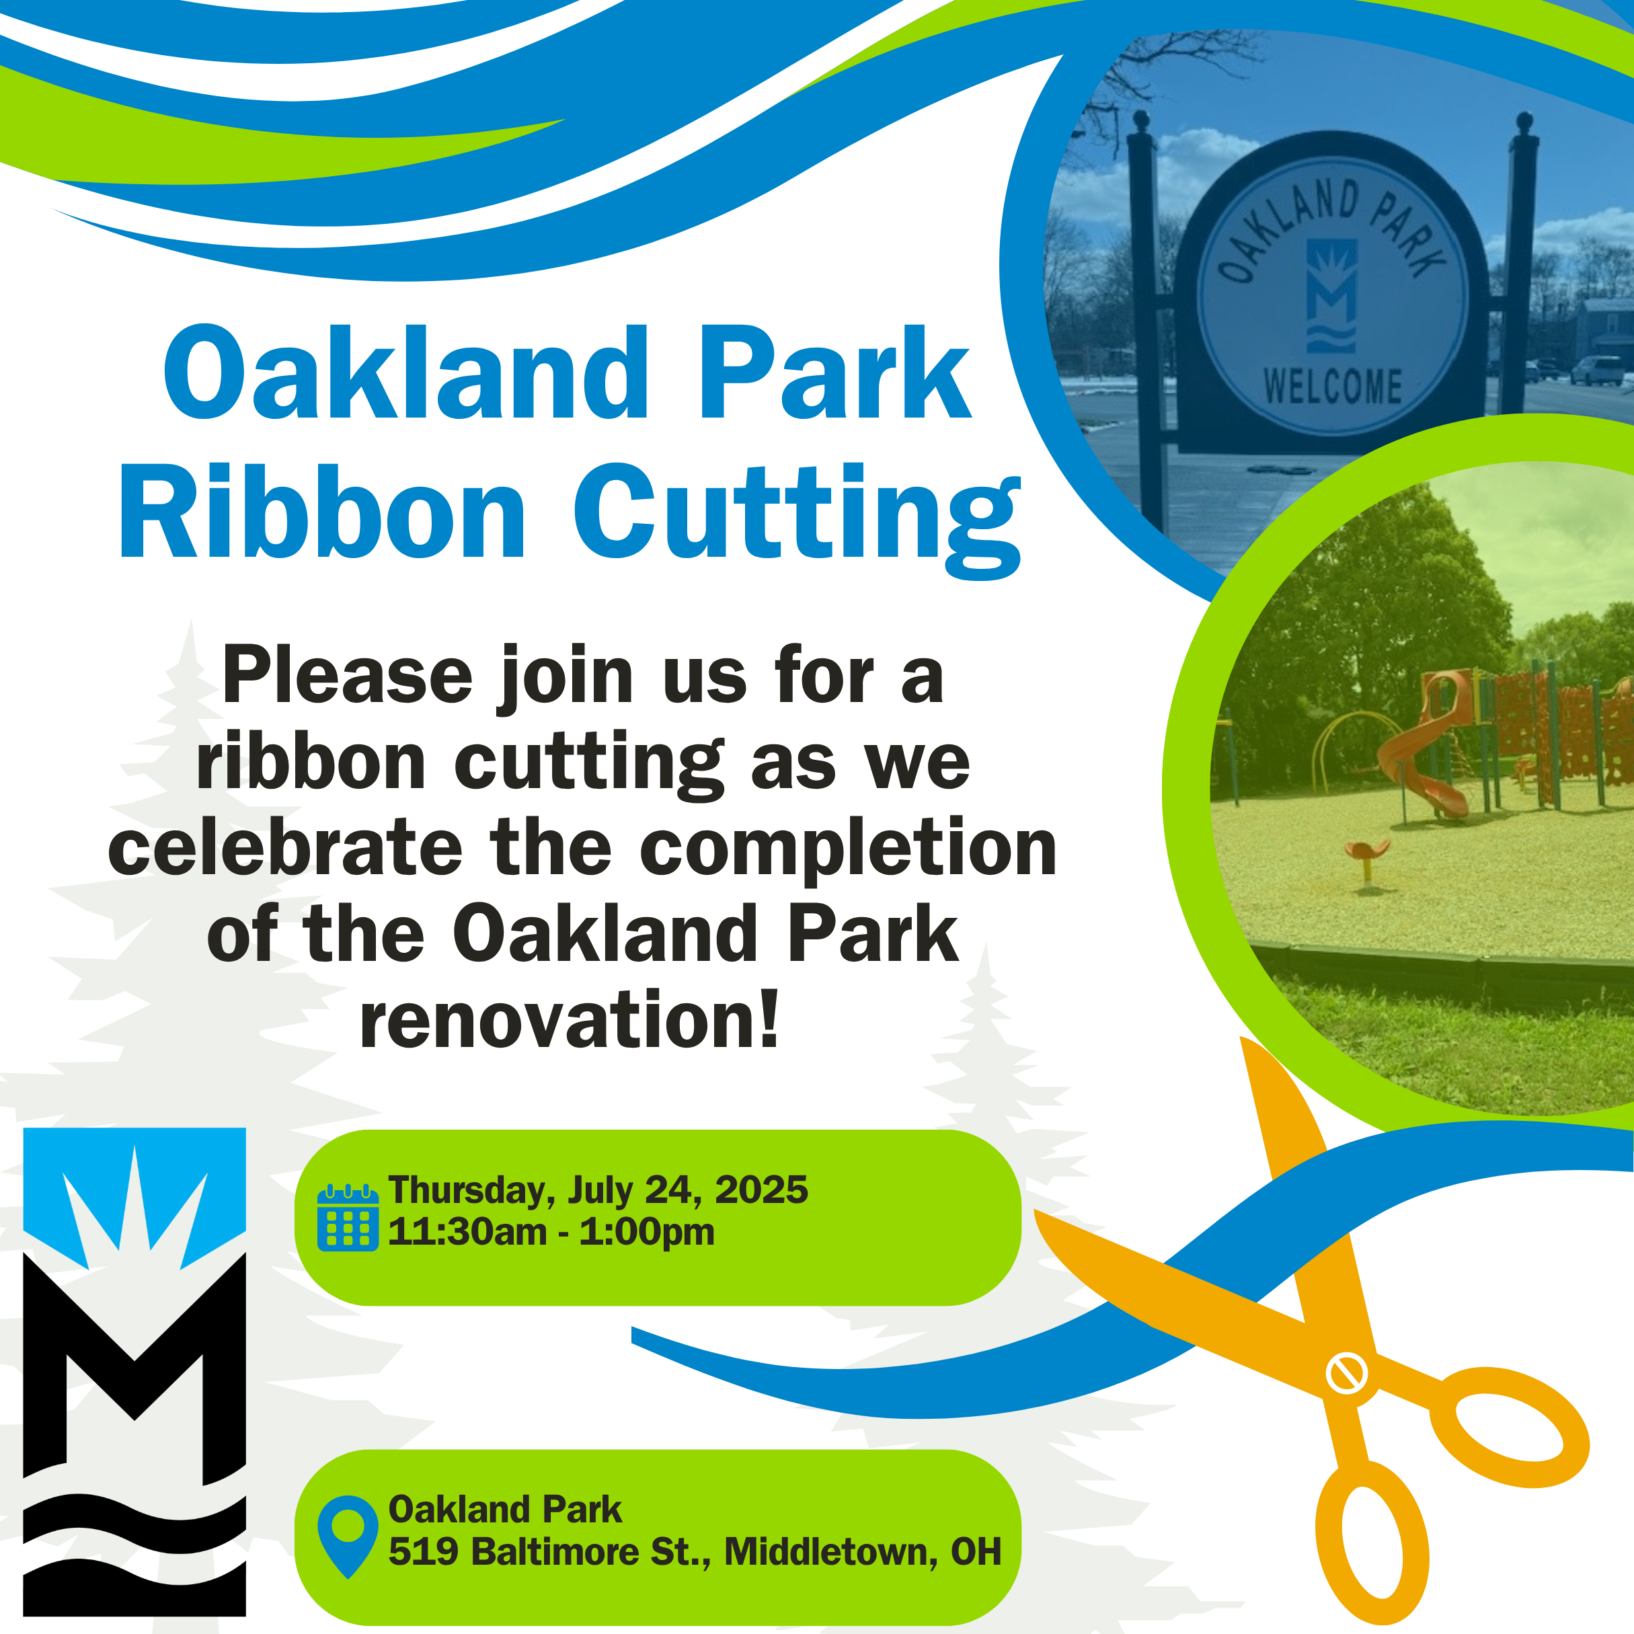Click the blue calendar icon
click(x=348, y=1218)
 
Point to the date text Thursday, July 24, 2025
click(x=597, y=1190)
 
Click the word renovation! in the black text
click(x=568, y=1020)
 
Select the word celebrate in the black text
click(x=285, y=849)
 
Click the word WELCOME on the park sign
click(x=1333, y=387)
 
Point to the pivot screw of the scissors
click(x=1345, y=1374)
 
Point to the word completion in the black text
click(x=849, y=849)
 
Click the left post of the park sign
click(x=1143, y=296)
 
